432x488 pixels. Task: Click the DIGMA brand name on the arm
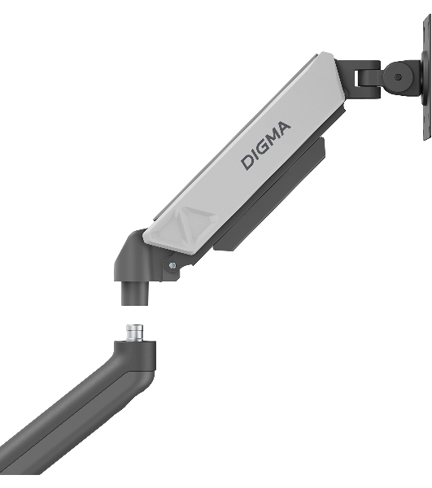point(266,146)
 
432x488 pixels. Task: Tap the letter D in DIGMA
point(248,162)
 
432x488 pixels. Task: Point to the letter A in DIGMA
point(283,129)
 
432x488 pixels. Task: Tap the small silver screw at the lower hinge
point(172,265)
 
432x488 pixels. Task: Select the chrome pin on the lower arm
point(134,333)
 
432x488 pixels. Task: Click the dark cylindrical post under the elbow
point(135,293)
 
